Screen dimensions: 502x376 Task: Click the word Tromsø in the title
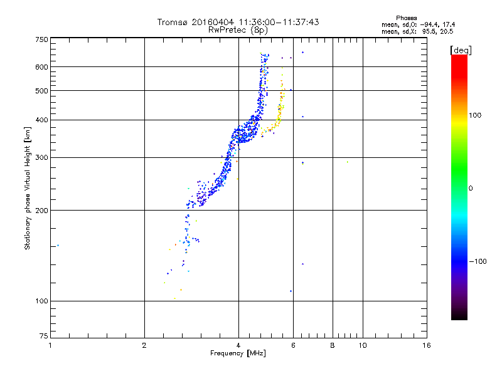(x=172, y=22)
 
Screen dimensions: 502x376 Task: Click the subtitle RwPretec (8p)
(x=238, y=30)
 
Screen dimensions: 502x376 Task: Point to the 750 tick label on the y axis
(x=41, y=39)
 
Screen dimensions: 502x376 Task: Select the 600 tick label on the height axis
(x=41, y=67)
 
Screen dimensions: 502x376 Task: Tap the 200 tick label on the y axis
(x=41, y=211)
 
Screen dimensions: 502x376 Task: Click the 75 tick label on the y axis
(x=44, y=336)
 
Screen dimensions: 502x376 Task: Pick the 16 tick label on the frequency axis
(x=427, y=345)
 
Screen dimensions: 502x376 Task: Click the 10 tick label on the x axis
(x=363, y=345)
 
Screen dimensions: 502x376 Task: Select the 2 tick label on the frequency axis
(x=144, y=345)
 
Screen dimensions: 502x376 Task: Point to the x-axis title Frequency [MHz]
(x=238, y=353)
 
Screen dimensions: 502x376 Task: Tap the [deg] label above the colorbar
(x=461, y=50)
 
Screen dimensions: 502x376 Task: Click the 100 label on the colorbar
(x=475, y=115)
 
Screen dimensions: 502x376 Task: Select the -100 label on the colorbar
(x=478, y=261)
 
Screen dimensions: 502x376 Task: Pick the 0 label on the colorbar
(x=471, y=189)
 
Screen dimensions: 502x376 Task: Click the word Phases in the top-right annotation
(x=406, y=18)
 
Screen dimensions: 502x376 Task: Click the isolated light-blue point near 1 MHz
(x=58, y=246)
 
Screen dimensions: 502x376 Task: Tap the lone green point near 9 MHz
(x=348, y=162)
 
